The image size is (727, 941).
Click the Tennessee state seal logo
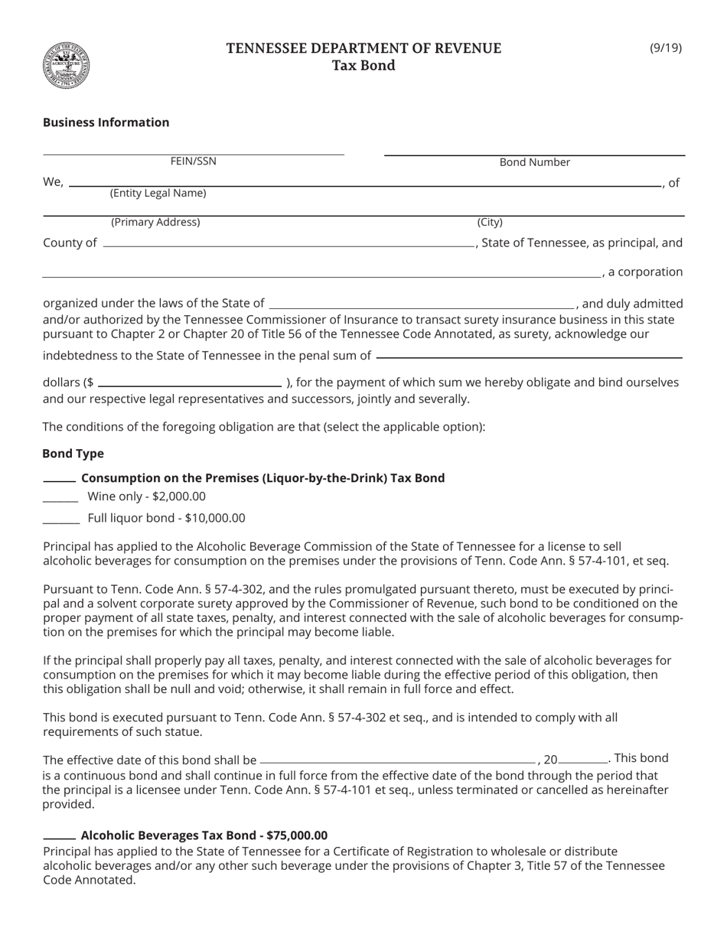point(67,66)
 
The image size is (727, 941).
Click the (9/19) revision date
point(665,48)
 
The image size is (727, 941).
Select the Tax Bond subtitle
point(363,66)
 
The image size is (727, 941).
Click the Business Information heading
point(106,122)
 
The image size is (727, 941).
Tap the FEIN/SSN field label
point(194,161)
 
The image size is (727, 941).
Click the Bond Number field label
point(534,162)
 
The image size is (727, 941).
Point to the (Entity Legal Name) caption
point(158,194)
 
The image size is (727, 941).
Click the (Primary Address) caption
point(155,223)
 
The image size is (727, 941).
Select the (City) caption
point(490,223)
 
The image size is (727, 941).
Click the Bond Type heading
point(73,454)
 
